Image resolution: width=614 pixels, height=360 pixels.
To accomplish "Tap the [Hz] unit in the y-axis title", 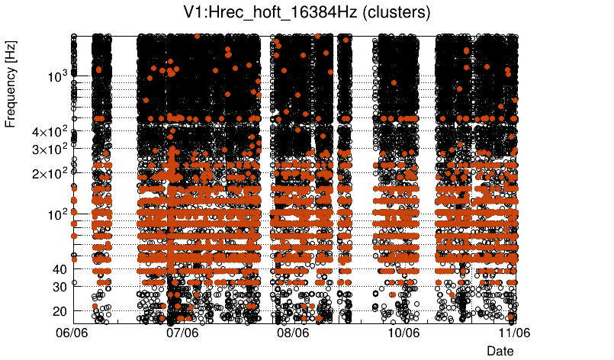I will coord(11,52).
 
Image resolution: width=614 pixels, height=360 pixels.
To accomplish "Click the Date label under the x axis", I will coord(500,350).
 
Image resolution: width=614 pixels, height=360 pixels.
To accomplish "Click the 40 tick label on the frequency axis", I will coord(59,268).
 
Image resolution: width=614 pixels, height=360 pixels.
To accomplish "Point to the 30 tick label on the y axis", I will coord(59,287).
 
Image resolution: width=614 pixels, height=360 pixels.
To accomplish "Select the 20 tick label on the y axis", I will coord(59,311).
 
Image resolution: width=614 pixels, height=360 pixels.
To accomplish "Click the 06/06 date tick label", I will coord(73,333).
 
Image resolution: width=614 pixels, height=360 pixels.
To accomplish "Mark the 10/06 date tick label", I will coord(404,333).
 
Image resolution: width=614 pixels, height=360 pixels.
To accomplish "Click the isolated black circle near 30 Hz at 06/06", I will coord(74,283).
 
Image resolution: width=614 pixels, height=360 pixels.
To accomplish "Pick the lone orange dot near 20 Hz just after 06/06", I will coord(95,307).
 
